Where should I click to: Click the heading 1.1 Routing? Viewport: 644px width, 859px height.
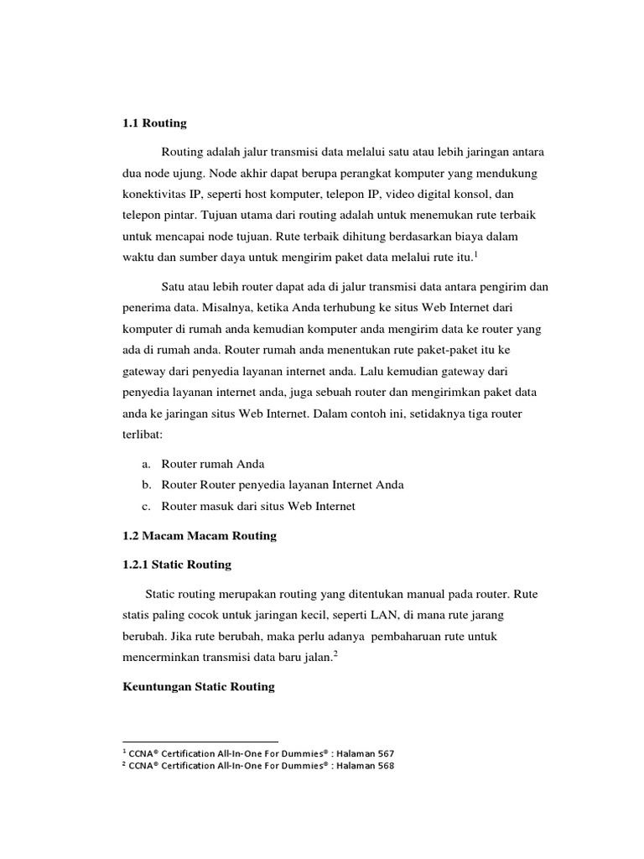[x=154, y=123]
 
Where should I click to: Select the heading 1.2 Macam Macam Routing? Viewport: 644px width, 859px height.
[x=199, y=535]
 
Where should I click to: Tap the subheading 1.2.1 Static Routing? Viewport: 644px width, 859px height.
[x=176, y=565]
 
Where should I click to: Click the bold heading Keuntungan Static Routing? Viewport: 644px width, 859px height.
[x=198, y=686]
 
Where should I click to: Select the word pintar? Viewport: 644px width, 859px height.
[x=179, y=216]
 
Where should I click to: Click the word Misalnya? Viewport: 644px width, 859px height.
[x=216, y=309]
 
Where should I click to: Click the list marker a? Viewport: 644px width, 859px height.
[x=147, y=463]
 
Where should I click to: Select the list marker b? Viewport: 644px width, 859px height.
[x=147, y=485]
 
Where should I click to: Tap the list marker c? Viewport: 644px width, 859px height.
[x=147, y=506]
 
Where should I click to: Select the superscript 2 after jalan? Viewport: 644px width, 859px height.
[x=335, y=654]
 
